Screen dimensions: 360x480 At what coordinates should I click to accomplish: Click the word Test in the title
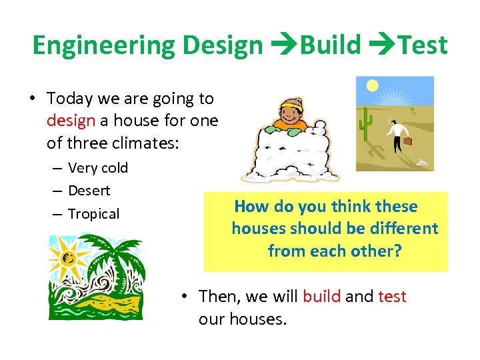pos(422,45)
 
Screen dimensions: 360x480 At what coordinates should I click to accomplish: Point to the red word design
pos(70,121)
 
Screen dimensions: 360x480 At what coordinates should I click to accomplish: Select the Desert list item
pos(89,191)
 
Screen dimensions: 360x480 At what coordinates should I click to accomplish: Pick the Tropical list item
pos(93,214)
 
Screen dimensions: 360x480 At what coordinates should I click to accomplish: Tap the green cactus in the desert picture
pos(365,123)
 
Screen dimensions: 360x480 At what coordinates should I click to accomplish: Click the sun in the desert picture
pos(372,86)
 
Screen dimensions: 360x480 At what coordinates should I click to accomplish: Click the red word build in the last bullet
pos(321,297)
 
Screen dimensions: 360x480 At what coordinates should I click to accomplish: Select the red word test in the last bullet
pos(392,297)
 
